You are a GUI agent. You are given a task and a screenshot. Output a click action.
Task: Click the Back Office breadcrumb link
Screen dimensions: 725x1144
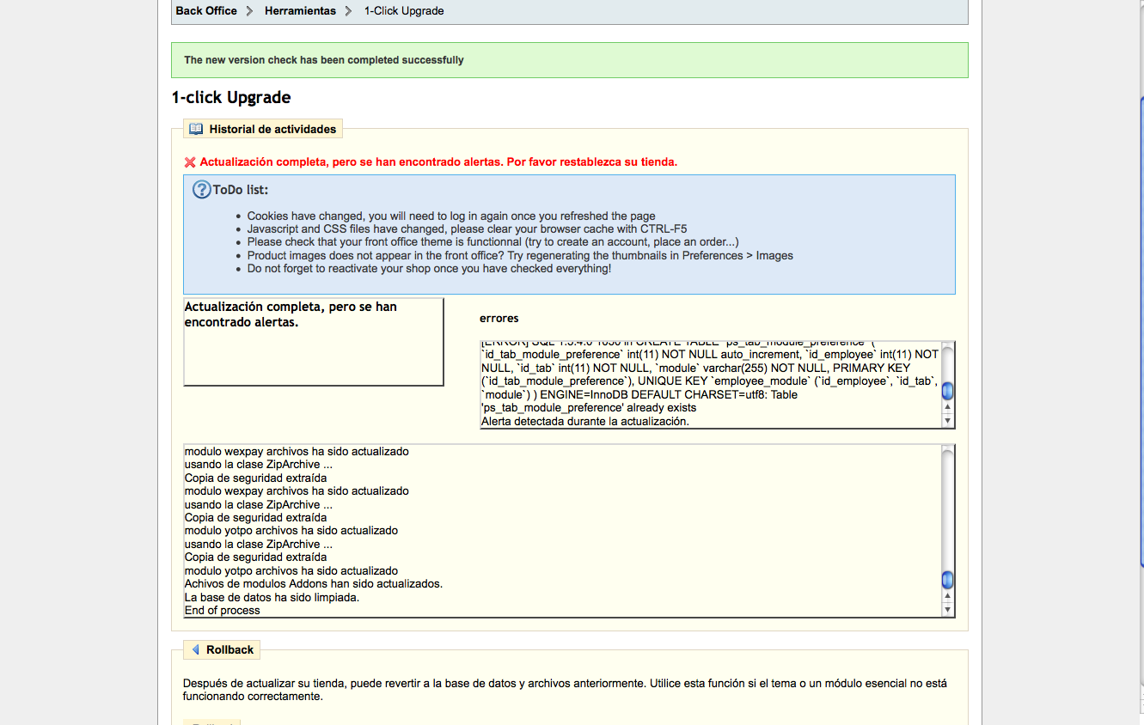[206, 11]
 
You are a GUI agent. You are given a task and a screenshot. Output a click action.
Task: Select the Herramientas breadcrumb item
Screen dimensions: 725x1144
[300, 11]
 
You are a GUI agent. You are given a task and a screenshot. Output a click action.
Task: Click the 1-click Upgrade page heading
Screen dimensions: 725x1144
[231, 98]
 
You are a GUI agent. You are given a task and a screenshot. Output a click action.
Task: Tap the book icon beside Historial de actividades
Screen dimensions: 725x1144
[196, 129]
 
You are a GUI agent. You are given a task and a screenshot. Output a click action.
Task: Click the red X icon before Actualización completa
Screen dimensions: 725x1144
[190, 162]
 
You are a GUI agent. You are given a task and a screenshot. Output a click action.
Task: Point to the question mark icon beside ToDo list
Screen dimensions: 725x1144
[201, 190]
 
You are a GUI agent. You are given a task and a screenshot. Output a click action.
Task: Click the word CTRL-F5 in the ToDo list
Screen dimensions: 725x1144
[664, 229]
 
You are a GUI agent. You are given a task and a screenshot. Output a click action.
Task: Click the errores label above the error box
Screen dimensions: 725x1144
[499, 319]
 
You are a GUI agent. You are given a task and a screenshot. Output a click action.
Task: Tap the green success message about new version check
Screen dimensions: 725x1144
[324, 60]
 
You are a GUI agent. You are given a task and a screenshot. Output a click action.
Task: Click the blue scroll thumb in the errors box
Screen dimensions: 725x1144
[947, 392]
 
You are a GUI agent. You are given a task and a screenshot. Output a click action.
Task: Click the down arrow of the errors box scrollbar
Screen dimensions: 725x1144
[947, 421]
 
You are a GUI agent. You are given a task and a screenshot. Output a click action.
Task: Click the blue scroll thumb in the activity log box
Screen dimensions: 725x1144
[947, 580]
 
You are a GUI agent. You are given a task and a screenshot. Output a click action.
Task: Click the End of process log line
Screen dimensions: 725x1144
[223, 611]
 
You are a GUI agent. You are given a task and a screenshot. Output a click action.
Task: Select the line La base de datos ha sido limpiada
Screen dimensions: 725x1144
[272, 597]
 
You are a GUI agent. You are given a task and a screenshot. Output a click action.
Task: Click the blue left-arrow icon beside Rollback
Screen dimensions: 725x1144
[196, 649]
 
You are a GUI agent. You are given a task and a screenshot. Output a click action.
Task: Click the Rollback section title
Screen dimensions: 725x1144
[229, 650]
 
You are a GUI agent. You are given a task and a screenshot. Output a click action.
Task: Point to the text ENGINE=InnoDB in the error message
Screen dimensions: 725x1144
[581, 395]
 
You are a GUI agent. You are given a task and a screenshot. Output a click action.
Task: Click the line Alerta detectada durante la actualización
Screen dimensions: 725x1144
[585, 422]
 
